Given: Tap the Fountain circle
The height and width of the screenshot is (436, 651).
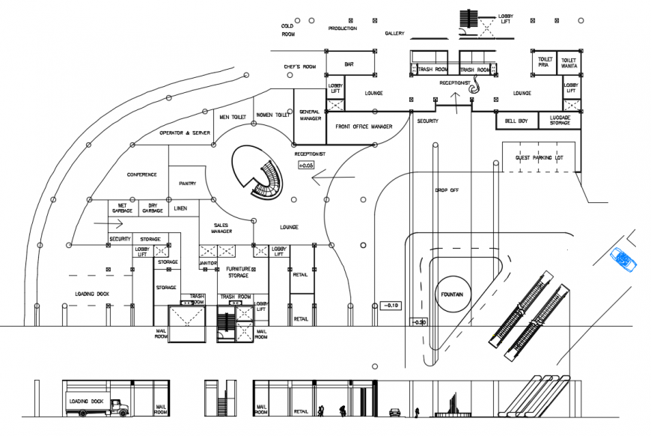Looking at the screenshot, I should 452,294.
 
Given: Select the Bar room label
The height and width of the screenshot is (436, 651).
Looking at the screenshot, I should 349,64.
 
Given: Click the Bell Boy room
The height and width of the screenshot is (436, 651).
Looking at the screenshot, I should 516,121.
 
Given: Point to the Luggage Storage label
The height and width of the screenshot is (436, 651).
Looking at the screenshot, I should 560,121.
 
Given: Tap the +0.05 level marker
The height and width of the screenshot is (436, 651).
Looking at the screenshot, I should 306,165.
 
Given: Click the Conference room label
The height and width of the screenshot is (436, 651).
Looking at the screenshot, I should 141,175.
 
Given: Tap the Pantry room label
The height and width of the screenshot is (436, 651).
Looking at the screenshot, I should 187,183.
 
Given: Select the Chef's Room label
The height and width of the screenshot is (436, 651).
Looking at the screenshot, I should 300,67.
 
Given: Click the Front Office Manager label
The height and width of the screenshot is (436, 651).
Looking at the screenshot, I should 364,127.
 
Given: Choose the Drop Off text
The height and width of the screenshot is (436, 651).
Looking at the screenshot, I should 447,190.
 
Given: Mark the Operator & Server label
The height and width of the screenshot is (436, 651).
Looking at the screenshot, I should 185,133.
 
